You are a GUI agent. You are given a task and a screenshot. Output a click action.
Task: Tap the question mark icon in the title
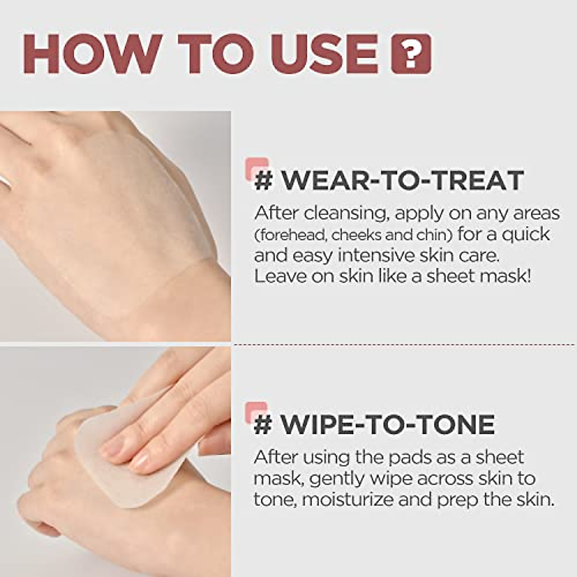click(411, 54)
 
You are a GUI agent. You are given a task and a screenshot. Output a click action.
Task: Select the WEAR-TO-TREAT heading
click(402, 180)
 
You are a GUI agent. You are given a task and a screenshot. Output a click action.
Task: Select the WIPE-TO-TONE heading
click(388, 424)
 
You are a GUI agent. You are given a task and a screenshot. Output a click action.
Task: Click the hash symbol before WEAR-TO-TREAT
click(263, 181)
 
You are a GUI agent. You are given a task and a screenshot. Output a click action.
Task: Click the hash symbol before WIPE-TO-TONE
click(263, 425)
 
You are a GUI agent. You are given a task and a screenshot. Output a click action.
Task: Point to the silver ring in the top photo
click(4, 180)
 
